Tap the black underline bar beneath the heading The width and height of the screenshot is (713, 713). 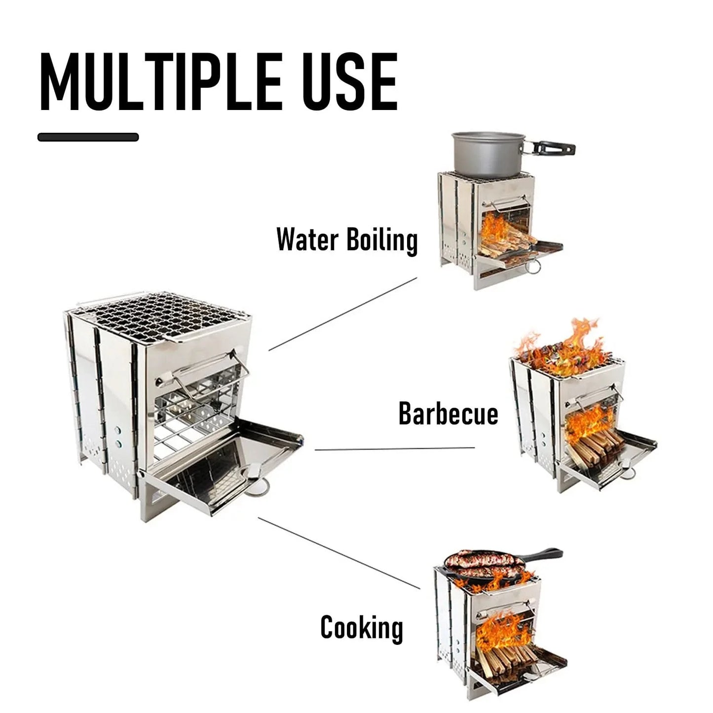click(x=88, y=137)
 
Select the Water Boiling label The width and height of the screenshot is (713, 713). click(x=347, y=240)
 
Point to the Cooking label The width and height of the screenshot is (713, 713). click(x=362, y=628)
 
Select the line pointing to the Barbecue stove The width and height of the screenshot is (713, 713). click(x=395, y=449)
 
